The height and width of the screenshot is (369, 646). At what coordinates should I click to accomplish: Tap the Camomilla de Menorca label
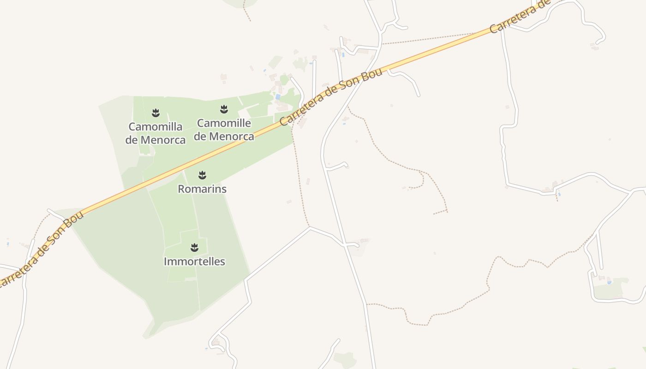click(156, 133)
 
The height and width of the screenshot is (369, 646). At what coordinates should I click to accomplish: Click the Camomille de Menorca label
click(224, 130)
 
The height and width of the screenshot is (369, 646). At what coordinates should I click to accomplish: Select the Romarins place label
click(202, 189)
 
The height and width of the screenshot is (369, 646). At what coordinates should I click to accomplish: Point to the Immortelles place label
click(194, 262)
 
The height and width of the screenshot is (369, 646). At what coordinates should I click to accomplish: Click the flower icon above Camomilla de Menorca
click(156, 113)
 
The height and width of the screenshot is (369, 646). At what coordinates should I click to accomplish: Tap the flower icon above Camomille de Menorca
click(224, 109)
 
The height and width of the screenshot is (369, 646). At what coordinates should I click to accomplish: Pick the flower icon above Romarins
click(202, 175)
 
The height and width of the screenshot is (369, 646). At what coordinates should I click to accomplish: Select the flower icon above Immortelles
click(194, 248)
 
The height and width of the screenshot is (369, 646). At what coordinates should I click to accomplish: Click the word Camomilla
click(156, 126)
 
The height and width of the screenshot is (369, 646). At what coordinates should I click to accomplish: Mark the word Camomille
click(224, 123)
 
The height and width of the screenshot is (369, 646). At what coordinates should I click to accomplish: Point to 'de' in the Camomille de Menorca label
click(200, 137)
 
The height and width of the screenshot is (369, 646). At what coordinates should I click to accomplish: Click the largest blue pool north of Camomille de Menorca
click(278, 97)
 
